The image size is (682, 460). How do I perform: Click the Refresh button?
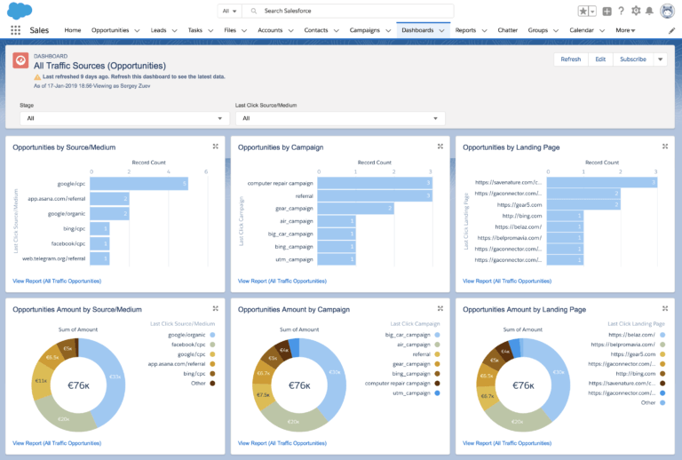pos(570,59)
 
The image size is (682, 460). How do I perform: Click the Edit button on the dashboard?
pos(600,59)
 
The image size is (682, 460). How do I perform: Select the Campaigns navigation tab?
pos(353,30)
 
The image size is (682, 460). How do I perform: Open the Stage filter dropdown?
pos(124,118)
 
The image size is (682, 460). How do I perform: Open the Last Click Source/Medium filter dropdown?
pos(339,118)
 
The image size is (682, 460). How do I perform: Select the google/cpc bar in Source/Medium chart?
pos(139,184)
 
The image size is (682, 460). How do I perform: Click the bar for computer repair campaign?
pos(374,183)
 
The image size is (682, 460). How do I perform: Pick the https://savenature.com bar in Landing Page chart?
pos(600,182)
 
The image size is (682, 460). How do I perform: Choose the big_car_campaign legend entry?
pos(408,335)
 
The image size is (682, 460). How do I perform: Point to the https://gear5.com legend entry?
pos(636,354)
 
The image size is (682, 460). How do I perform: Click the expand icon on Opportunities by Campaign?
pos(440,147)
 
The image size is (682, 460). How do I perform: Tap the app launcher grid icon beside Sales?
pos(15,30)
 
